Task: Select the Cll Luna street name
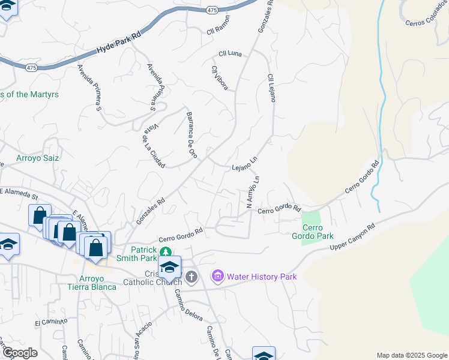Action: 230,54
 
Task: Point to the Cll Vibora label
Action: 219,78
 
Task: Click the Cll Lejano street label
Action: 271,88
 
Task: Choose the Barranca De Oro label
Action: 191,134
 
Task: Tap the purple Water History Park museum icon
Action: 217,276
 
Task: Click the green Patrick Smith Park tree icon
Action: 169,252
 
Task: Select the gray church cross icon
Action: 191,277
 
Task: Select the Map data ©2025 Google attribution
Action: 411,355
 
